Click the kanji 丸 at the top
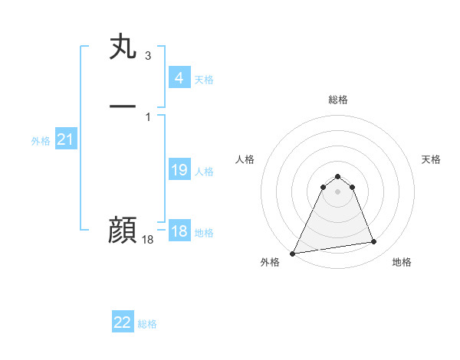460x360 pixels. [x=123, y=47]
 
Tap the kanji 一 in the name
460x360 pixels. [x=123, y=104]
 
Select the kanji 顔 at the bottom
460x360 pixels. [x=123, y=229]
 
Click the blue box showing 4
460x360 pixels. [x=179, y=77]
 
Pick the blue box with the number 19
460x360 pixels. [x=179, y=170]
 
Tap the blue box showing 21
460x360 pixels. [x=66, y=139]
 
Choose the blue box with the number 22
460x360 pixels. [x=123, y=322]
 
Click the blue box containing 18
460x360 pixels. [x=179, y=231]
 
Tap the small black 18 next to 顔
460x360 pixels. [x=148, y=240]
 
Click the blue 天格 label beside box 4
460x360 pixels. [x=204, y=80]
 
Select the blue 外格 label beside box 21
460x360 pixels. [x=41, y=141]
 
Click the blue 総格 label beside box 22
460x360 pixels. [x=147, y=325]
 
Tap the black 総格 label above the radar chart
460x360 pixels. [x=337, y=100]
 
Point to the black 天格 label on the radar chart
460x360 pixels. [x=431, y=159]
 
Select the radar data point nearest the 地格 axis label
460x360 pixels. [x=374, y=242]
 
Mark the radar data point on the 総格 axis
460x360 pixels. [x=337, y=174]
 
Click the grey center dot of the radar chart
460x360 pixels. [x=337, y=191]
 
